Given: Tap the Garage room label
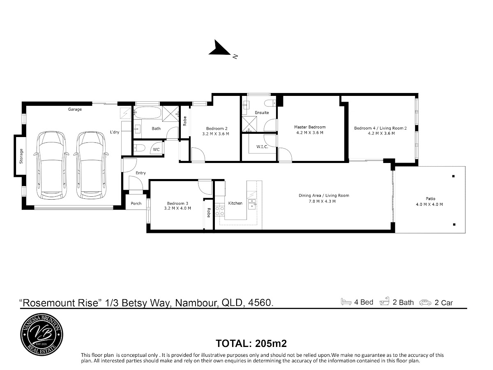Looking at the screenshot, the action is click(75, 109).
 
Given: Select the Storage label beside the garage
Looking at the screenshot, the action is click(21, 156).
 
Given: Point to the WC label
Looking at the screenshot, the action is click(157, 149).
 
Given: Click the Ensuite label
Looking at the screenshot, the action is click(262, 112).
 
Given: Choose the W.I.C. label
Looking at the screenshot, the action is click(262, 147).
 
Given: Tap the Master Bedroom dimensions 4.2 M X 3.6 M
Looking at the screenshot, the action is click(310, 133).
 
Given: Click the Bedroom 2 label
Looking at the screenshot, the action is click(217, 129).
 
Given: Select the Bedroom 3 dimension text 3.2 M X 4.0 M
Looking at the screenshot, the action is click(177, 208).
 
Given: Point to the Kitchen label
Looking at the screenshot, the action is click(235, 203).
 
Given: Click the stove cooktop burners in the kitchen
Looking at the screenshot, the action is click(220, 211).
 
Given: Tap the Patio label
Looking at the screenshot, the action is click(431, 199).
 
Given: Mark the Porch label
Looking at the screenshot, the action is click(136, 204).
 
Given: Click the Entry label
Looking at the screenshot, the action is click(141, 173).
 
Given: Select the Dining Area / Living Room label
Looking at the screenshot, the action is click(324, 195).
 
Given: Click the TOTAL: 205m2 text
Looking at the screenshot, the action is click(251, 344).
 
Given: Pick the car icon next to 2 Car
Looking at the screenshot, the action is click(425, 303).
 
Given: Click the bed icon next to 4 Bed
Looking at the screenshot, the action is click(346, 302).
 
